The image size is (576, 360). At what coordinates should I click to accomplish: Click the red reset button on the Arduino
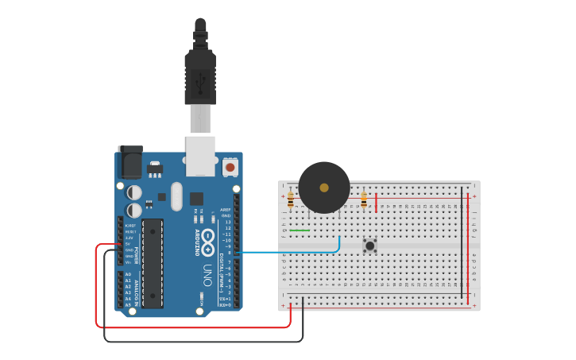pyautogui.click(x=230, y=168)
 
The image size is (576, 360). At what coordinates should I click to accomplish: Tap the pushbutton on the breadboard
pyautogui.click(x=369, y=246)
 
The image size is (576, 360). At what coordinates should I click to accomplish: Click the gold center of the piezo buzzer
pyautogui.click(x=323, y=188)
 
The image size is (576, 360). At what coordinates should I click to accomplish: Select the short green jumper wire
pyautogui.click(x=300, y=230)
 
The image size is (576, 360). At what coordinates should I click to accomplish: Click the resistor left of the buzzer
pyautogui.click(x=291, y=199)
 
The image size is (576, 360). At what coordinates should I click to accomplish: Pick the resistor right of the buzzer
pyautogui.click(x=364, y=200)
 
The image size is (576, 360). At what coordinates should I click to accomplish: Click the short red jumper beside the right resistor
pyautogui.click(x=376, y=202)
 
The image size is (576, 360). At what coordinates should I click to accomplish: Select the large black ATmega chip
pyautogui.click(x=153, y=263)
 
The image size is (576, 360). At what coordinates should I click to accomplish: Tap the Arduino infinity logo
pyautogui.click(x=208, y=237)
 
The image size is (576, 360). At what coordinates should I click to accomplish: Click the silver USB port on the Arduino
pyautogui.click(x=200, y=154)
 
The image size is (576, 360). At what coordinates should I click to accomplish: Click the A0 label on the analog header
pyautogui.click(x=128, y=274)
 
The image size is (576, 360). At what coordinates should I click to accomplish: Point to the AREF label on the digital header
pyautogui.click(x=226, y=210)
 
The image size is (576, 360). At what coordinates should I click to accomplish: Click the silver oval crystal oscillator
pyautogui.click(x=176, y=195)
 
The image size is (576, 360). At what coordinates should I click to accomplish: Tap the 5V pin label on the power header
pyautogui.click(x=129, y=244)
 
